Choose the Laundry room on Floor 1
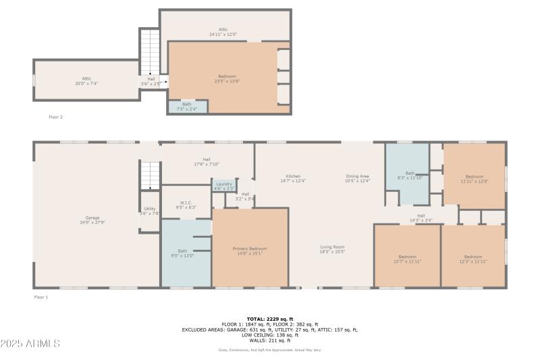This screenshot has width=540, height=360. (223, 186)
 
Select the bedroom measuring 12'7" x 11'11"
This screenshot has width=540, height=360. (407, 259)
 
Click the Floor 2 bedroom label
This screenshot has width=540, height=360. (227, 78)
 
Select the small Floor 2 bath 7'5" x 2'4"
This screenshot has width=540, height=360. (186, 106)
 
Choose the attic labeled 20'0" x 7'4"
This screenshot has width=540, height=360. (86, 81)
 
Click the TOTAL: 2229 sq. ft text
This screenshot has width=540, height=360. (269, 318)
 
